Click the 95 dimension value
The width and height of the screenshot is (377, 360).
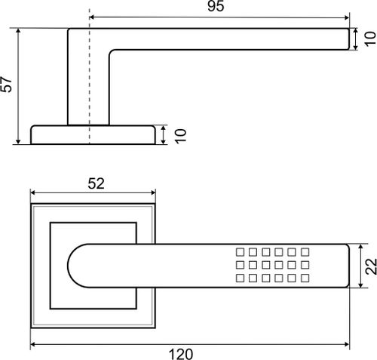click(x=216, y=6)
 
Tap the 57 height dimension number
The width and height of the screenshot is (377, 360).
click(x=6, y=85)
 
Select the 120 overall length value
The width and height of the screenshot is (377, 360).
click(x=181, y=354)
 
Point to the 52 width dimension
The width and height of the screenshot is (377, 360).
click(x=96, y=183)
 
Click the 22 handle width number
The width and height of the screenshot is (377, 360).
click(x=371, y=266)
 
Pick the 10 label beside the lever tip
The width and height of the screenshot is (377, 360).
click(x=370, y=39)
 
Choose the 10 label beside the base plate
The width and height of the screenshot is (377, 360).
click(x=180, y=136)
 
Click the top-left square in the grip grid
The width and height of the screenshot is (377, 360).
click(x=240, y=252)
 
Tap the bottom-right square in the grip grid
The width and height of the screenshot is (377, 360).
click(x=305, y=278)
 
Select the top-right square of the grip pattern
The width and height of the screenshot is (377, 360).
click(x=305, y=252)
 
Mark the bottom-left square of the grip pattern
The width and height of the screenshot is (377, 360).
click(x=240, y=278)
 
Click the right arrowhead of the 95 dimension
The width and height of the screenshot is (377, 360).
click(x=347, y=17)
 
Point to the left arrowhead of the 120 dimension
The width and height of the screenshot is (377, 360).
click(x=33, y=344)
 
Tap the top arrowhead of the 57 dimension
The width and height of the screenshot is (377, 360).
click(x=18, y=32)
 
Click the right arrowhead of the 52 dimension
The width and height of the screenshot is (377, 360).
click(x=152, y=192)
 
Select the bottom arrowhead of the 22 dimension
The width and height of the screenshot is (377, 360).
click(x=360, y=285)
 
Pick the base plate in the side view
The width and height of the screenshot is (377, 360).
click(x=93, y=135)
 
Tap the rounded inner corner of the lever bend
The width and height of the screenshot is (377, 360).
click(x=112, y=52)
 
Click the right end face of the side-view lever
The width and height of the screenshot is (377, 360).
click(x=349, y=39)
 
